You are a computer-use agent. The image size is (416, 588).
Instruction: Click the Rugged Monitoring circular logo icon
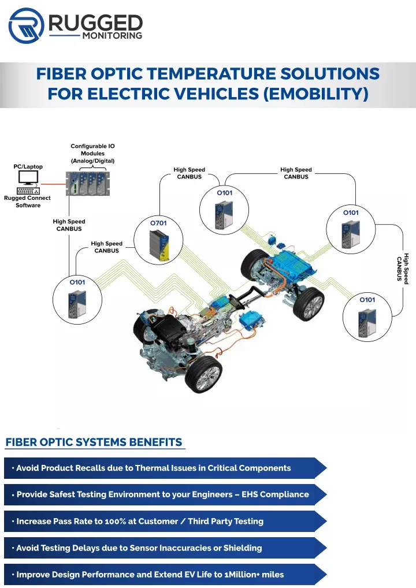(26, 26)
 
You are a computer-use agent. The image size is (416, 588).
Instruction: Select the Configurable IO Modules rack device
(88, 183)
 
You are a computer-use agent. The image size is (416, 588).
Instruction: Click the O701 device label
(158, 223)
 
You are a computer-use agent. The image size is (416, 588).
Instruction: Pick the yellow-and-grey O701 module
(159, 245)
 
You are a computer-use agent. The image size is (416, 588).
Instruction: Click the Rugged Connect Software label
(27, 202)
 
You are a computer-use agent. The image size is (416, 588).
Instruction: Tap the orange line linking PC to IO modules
(53, 184)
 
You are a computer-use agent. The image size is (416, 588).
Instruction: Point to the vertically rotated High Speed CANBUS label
(403, 269)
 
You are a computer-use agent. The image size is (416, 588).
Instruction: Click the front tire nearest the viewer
(203, 374)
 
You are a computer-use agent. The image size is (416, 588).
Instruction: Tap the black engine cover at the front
(168, 329)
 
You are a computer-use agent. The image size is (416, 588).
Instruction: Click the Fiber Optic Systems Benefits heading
(94, 442)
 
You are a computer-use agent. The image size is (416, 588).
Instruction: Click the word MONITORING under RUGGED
(112, 36)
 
